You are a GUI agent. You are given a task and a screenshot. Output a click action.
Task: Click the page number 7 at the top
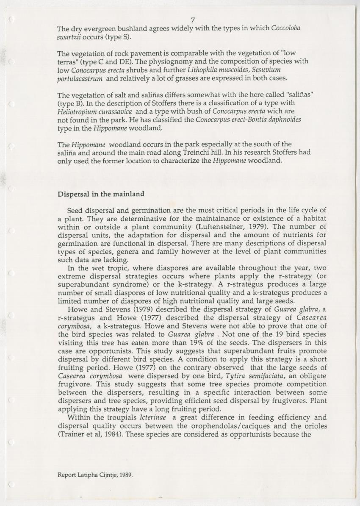pyautogui.click(x=193, y=20)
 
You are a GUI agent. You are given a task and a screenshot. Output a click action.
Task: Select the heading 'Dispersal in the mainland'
pyautogui.click(x=101, y=194)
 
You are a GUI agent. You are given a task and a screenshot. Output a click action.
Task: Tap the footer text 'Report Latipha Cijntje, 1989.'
pyautogui.click(x=95, y=475)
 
